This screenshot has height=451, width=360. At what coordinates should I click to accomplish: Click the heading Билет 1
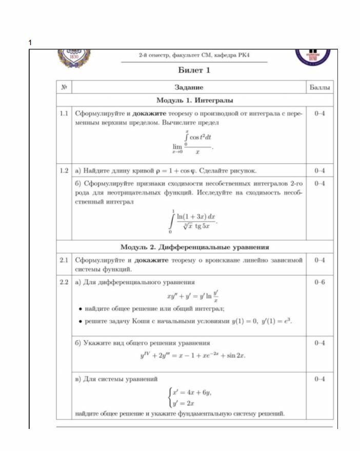pyautogui.click(x=194, y=70)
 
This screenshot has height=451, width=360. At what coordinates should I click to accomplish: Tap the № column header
pyautogui.click(x=64, y=88)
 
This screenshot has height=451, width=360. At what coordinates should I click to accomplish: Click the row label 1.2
pyautogui.click(x=64, y=170)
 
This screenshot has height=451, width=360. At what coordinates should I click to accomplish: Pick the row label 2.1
pyautogui.click(x=64, y=260)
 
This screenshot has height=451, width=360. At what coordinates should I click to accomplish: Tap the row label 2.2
pyautogui.click(x=64, y=282)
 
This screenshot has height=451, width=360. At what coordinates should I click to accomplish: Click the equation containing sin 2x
pyautogui.click(x=192, y=355)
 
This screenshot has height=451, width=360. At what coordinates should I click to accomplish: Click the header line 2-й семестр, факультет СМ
pyautogui.click(x=194, y=55)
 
